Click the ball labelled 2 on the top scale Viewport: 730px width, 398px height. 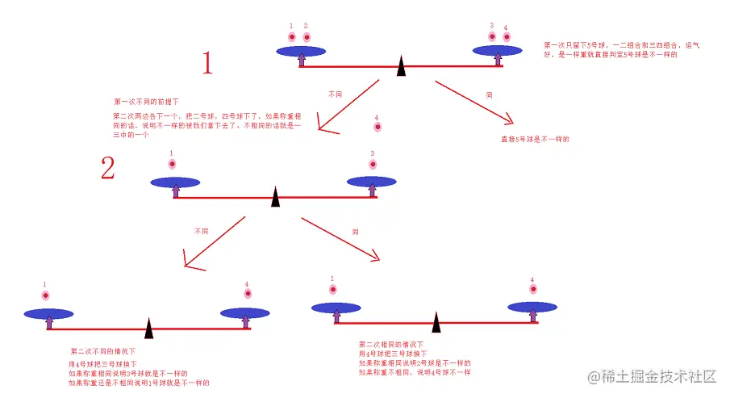[307, 37]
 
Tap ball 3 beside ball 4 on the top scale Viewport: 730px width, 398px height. [491, 36]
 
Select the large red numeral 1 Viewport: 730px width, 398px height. [207, 63]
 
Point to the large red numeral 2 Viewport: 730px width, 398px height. [108, 169]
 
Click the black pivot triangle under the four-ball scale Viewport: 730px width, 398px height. [401, 68]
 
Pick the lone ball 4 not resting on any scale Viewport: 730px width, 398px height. [376, 128]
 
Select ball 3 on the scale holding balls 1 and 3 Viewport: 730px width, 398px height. [373, 165]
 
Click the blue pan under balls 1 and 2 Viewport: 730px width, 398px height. [302, 51]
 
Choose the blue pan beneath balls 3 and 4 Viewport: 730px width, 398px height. [498, 50]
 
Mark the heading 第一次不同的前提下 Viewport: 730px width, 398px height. [146, 102]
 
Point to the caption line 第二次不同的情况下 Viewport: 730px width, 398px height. [102, 351]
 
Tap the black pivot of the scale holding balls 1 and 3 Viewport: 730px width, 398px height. [275, 196]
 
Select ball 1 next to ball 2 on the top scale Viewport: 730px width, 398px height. [291, 37]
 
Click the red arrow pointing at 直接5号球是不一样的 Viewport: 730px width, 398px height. [474, 102]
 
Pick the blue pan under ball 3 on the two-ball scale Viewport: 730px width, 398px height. [372, 182]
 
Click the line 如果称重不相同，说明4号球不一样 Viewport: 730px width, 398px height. [415, 373]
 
